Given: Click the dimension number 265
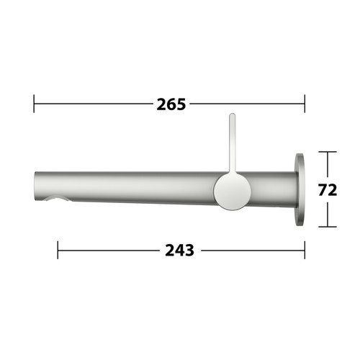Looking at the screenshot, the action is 171,104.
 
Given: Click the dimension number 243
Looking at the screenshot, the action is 179,251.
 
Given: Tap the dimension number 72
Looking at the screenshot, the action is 328,190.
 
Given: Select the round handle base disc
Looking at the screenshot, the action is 233,192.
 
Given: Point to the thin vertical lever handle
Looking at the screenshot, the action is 232,143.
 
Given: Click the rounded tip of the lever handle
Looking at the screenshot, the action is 232,114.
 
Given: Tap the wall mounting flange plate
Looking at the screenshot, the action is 300,189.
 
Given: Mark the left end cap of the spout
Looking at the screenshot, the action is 36,186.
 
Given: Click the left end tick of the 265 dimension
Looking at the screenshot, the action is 34,104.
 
